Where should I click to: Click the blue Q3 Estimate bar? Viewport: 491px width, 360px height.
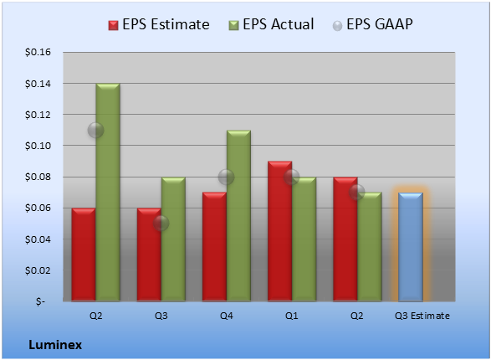tap(411, 247)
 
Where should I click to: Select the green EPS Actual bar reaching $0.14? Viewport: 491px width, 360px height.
tap(108, 193)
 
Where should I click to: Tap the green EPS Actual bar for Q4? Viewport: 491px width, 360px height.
tap(238, 215)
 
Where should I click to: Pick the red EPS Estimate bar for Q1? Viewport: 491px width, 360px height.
tap(279, 231)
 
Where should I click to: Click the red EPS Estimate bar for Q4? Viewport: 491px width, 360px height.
tap(214, 247)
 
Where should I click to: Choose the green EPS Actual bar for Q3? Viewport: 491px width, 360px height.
tap(173, 239)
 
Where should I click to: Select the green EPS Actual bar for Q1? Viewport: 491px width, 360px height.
tap(304, 239)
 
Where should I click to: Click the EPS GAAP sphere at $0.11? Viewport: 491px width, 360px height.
tap(95, 130)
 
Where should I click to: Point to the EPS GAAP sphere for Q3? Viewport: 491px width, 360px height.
tap(161, 224)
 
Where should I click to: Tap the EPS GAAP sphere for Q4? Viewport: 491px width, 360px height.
tap(226, 177)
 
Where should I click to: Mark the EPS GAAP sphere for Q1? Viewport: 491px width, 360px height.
tap(292, 177)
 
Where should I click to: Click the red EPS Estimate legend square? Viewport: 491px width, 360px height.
tap(114, 25)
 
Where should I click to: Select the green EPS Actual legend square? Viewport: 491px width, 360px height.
tap(233, 25)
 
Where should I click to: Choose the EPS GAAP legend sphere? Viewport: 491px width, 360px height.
tap(337, 26)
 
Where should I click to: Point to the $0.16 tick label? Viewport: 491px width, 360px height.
tap(38, 52)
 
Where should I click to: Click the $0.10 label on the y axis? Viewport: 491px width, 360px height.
tap(38, 146)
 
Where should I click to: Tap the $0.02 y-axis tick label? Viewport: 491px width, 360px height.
tap(38, 270)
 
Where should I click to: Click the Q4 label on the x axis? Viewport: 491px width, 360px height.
tap(227, 316)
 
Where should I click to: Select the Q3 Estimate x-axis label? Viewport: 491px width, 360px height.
tap(422, 316)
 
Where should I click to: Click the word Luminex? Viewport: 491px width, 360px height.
tap(55, 345)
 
